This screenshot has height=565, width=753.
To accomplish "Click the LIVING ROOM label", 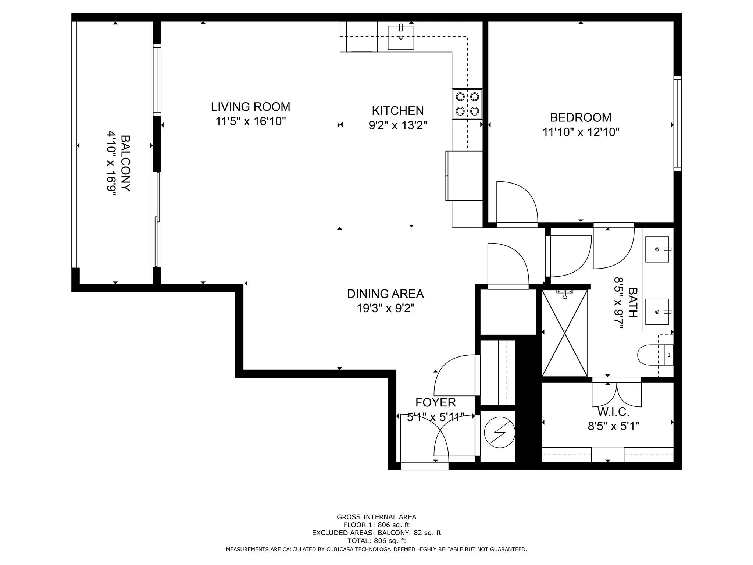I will pos(250,107).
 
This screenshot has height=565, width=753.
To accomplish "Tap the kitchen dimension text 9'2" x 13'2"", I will pos(398,126).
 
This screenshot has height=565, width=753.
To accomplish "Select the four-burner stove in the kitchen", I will pos(467,104).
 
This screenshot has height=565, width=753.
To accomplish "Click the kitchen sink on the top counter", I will pos(401,38).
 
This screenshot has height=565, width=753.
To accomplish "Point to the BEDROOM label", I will pos(581,118).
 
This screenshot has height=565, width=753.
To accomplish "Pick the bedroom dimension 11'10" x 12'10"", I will pos(581,132).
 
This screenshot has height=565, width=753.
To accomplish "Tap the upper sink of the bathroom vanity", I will pos(657,249).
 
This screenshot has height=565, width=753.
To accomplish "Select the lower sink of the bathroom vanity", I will pos(657,312).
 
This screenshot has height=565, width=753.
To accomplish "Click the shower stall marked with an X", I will pos(565,333).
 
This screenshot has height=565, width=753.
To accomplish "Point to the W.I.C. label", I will pos(613,412).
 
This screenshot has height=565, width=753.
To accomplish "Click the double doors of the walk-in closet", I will pos(617,394).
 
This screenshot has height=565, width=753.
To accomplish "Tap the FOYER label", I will pos(436,402).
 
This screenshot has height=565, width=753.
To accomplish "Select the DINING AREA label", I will pos(385,294).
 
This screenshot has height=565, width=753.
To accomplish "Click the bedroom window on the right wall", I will pos(677,124).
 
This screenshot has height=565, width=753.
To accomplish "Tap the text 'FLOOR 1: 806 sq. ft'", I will pos(376,525).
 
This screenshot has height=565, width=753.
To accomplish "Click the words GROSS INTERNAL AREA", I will pos(376,517).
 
